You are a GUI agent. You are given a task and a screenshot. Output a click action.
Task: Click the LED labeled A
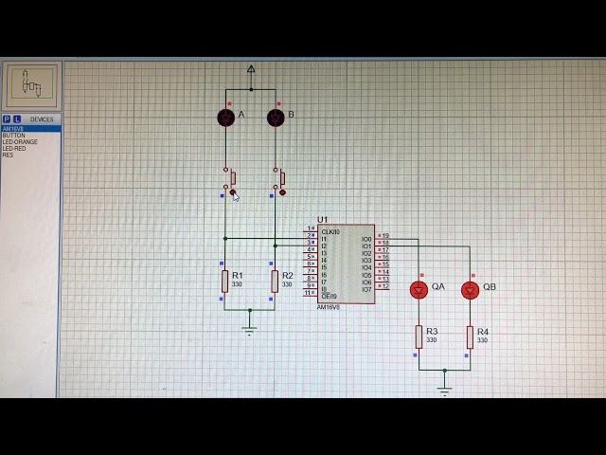point(225,117)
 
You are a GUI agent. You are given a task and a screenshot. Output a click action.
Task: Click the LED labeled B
point(276,117)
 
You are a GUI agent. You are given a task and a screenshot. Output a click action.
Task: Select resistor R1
point(225,281)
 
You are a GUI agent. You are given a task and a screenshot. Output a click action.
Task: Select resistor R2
point(275,281)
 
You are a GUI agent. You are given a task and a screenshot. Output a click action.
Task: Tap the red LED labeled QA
point(419,289)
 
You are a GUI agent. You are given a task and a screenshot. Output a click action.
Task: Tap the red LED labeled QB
point(470,289)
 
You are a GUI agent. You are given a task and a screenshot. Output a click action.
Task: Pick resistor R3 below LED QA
point(419,337)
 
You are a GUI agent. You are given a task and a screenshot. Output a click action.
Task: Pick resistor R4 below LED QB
point(470,337)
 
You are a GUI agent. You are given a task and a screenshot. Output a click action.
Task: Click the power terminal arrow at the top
point(251,69)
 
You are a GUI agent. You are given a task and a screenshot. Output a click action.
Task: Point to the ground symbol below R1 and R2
point(249,330)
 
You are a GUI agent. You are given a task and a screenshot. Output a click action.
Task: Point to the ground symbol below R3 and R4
point(444,389)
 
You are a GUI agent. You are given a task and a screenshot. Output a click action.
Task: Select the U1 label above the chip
point(322,219)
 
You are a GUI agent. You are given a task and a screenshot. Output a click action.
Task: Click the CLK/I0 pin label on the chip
point(330,231)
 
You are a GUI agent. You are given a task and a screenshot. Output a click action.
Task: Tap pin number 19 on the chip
point(384,235)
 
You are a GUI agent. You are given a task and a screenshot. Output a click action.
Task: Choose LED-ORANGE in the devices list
point(20,142)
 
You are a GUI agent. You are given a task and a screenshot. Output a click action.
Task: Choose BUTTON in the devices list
point(14,136)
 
